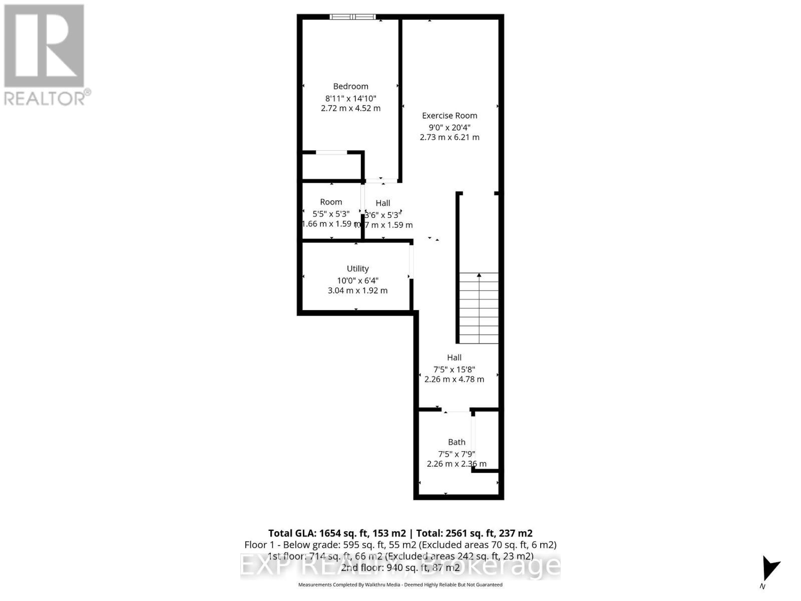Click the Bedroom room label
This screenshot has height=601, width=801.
point(350,87)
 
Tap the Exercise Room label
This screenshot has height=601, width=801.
point(450,116)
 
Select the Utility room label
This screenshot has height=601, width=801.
point(357,269)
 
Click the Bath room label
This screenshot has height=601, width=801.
point(457,442)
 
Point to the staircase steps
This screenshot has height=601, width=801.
point(479,308)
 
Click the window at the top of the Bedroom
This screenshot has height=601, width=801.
point(352,17)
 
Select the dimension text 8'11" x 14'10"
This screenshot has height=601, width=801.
point(350,99)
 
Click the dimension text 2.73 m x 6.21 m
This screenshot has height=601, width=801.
point(450,137)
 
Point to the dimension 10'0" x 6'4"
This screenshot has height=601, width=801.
point(357,280)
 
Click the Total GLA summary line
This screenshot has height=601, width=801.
point(400,533)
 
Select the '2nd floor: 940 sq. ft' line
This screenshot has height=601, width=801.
point(400,568)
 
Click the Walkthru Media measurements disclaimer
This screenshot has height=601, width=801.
point(400,584)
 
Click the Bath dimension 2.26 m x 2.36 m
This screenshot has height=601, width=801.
point(457,464)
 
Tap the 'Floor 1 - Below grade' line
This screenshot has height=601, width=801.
point(400,545)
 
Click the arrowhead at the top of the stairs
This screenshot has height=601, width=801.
point(479,275)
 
